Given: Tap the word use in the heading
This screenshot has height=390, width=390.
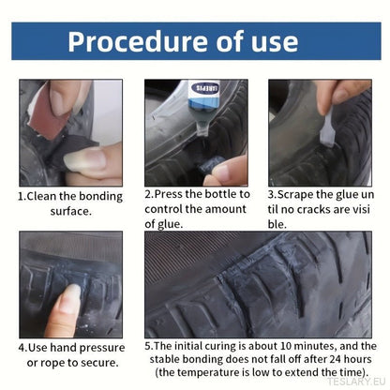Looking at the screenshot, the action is point(275,43).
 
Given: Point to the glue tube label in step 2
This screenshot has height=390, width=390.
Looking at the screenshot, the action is point(204,88).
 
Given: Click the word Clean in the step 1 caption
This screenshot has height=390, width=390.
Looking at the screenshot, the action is point(41,196).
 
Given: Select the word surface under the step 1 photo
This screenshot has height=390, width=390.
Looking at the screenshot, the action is point(70,211).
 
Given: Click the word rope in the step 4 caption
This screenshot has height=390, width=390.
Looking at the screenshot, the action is point(52,364).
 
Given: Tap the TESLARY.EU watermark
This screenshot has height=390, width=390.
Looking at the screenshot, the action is point(356,382).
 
